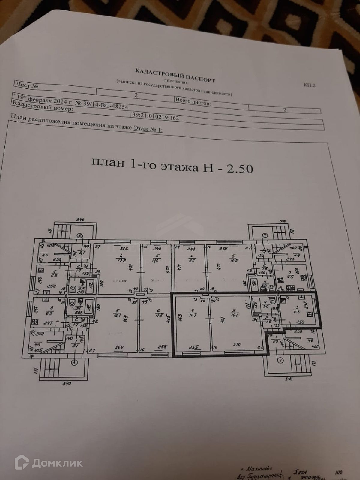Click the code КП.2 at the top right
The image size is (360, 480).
coord(309,85)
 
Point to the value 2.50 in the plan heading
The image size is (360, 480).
coord(240,169)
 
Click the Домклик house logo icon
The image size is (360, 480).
coord(22,463)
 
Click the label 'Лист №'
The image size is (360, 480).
coord(26,86)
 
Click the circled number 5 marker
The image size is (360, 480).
coord(79,236)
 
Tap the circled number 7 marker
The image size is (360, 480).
coord(265,235)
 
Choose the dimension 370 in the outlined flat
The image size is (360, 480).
coord(237,345)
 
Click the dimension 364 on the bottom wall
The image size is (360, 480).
coord(119,347)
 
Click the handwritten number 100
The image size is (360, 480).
coord(338,472)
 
